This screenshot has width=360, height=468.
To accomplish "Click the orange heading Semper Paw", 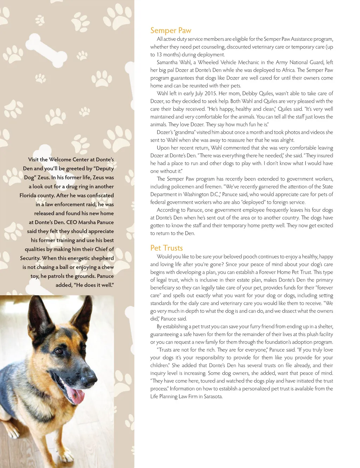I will point(171,31).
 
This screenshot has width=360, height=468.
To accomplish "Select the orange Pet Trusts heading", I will point(166,248).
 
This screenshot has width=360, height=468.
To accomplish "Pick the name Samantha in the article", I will point(167,62).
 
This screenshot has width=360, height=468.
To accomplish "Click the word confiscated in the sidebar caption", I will point(97,195).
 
